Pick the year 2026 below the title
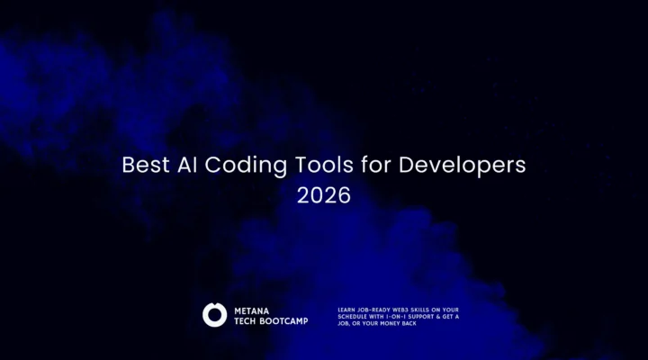[324, 195]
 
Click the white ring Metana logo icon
[214, 314]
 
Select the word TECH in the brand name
[246, 320]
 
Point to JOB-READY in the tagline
[374, 310]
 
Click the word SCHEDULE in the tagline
[351, 317]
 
